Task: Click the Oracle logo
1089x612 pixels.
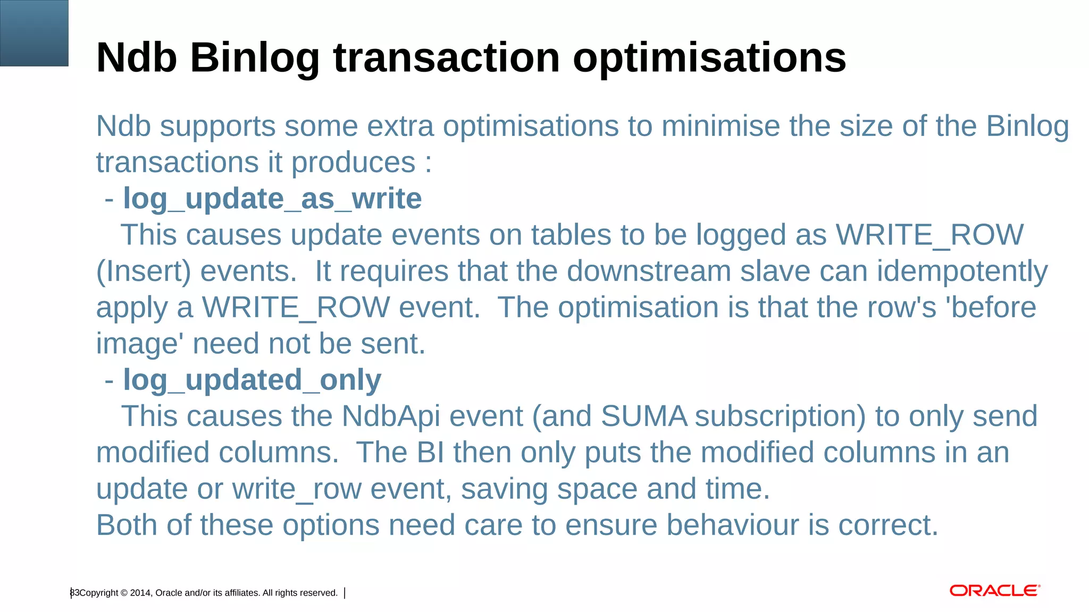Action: pos(994,591)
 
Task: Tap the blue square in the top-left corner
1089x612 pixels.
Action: pos(34,33)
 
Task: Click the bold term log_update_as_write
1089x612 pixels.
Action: pos(272,199)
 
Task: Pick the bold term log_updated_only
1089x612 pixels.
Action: pos(252,380)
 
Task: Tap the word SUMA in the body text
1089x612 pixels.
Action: pos(644,416)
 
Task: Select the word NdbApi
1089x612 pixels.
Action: pos(391,416)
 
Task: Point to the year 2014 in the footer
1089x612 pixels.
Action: pos(140,593)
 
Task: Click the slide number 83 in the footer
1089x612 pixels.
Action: pos(74,593)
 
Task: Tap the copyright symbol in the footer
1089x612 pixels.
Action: pos(124,593)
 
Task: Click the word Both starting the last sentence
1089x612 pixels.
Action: pos(127,525)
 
